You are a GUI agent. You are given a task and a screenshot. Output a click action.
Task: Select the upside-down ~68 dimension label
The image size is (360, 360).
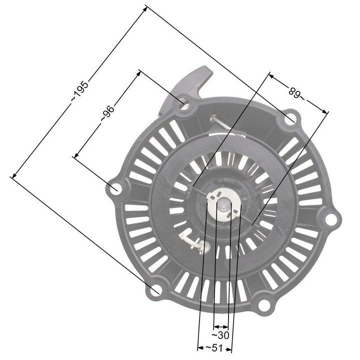click(297, 93)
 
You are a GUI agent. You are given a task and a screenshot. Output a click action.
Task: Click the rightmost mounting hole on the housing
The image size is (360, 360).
click(330, 218)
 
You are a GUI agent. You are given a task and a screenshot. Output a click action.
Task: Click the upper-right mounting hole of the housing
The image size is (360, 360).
click(290, 119)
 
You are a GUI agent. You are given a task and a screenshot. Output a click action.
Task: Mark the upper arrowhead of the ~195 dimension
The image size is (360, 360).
click(146, 7)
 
